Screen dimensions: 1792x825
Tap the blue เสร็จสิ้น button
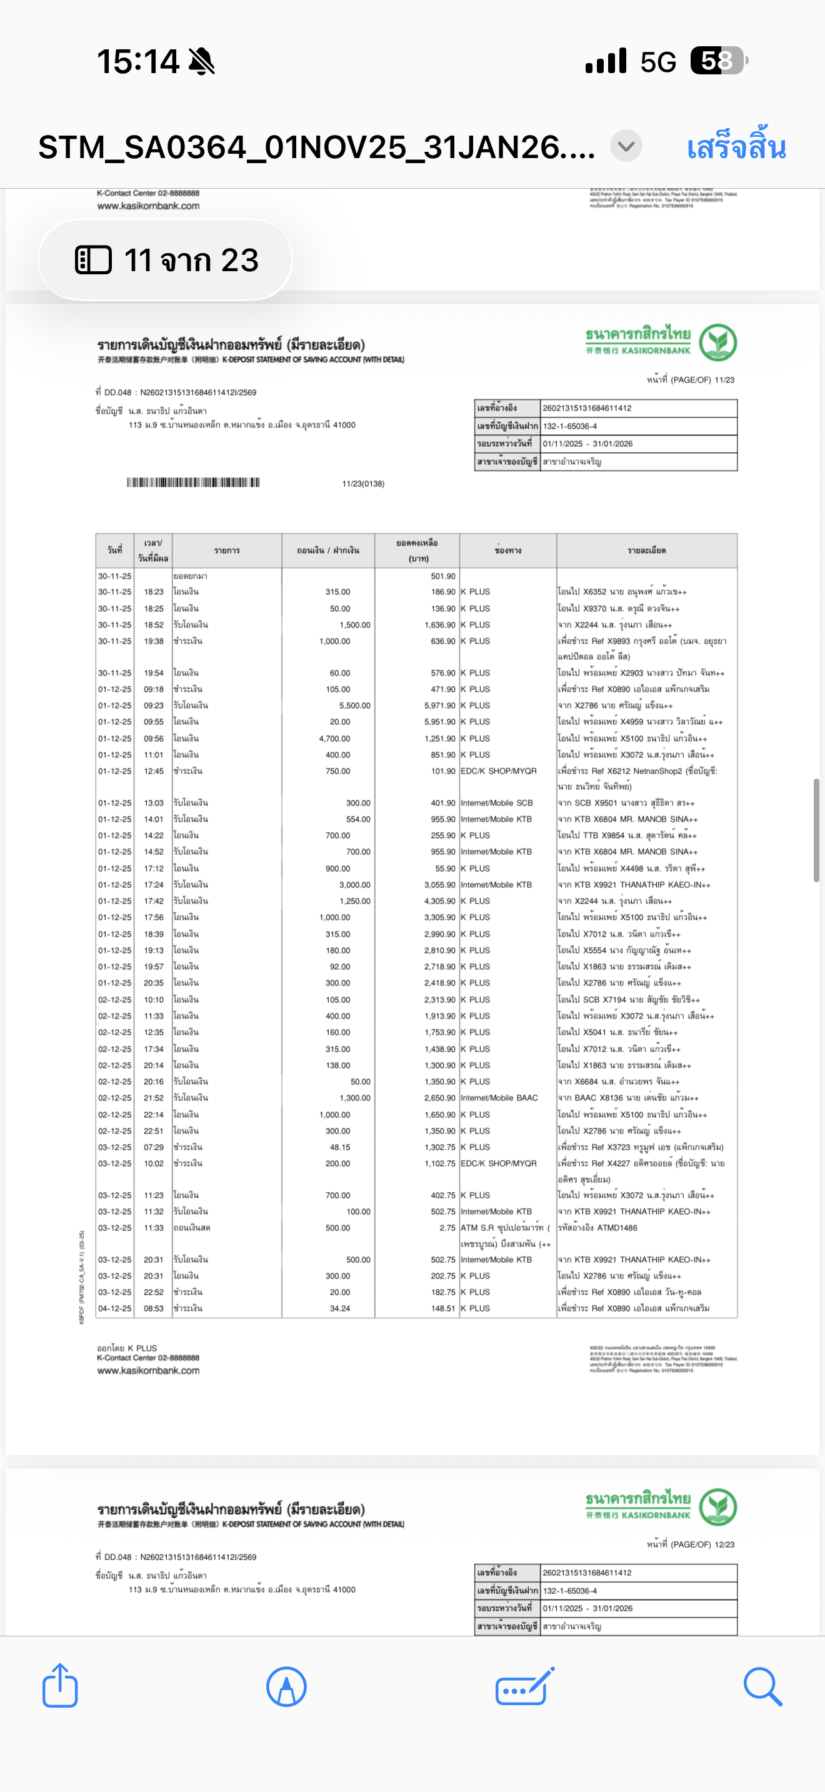pyautogui.click(x=736, y=147)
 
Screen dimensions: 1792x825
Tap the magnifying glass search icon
pyautogui.click(x=762, y=1686)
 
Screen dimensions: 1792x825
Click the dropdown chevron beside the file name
pyautogui.click(x=626, y=147)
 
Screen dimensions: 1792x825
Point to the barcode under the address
pyautogui.click(x=192, y=483)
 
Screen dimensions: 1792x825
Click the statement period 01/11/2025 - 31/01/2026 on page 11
pyautogui.click(x=587, y=444)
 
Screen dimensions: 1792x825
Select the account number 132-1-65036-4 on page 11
pyautogui.click(x=570, y=426)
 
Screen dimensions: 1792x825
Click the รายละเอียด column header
pyautogui.click(x=646, y=551)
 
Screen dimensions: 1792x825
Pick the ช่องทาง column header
pyautogui.click(x=507, y=551)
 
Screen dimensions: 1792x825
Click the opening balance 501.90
pyautogui.click(x=442, y=576)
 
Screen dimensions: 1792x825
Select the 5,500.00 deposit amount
pyautogui.click(x=355, y=705)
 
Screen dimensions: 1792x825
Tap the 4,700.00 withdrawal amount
pyautogui.click(x=334, y=738)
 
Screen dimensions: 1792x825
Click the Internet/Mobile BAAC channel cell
pyautogui.click(x=499, y=1098)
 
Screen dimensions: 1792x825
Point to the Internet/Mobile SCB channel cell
pyautogui.click(x=497, y=803)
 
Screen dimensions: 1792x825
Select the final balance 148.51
pyautogui.click(x=442, y=1308)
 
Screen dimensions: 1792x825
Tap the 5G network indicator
pyautogui.click(x=658, y=62)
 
